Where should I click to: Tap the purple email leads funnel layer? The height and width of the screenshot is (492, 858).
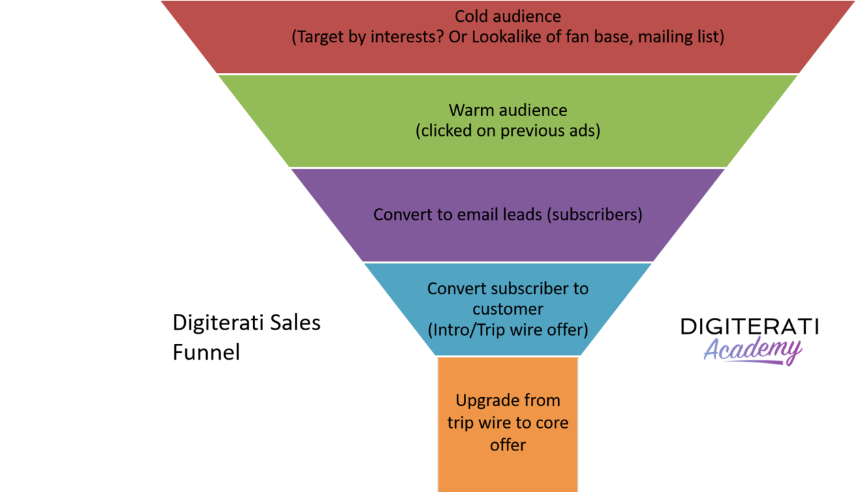pyautogui.click(x=508, y=239)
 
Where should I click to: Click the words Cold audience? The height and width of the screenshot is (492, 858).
pyautogui.click(x=508, y=16)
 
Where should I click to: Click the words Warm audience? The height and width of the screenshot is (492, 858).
pyautogui.click(x=508, y=110)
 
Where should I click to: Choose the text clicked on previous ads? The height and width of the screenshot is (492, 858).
pyautogui.click(x=508, y=130)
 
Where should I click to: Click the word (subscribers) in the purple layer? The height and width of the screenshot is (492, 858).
pyautogui.click(x=596, y=214)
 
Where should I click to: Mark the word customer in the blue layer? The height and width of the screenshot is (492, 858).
pyautogui.click(x=508, y=309)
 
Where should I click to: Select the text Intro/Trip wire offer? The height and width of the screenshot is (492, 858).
pyautogui.click(x=508, y=330)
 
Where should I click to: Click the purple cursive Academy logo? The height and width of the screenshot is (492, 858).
pyautogui.click(x=752, y=351)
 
